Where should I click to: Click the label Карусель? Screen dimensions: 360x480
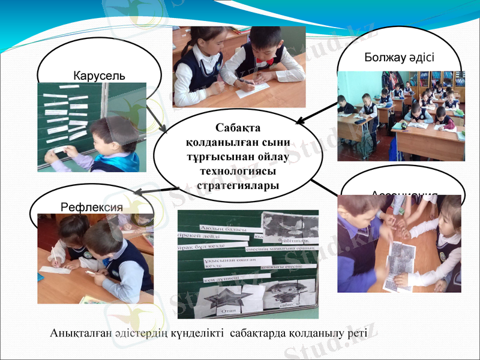(x=99, y=76)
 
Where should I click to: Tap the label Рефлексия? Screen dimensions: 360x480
(x=92, y=206)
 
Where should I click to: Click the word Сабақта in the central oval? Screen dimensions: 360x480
(x=238, y=128)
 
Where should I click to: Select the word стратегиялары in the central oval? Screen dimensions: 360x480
(x=238, y=185)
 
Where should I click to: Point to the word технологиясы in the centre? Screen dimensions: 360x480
(x=238, y=171)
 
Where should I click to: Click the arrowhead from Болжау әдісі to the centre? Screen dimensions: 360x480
(x=299, y=122)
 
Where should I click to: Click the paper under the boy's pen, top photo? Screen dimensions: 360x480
(x=252, y=88)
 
